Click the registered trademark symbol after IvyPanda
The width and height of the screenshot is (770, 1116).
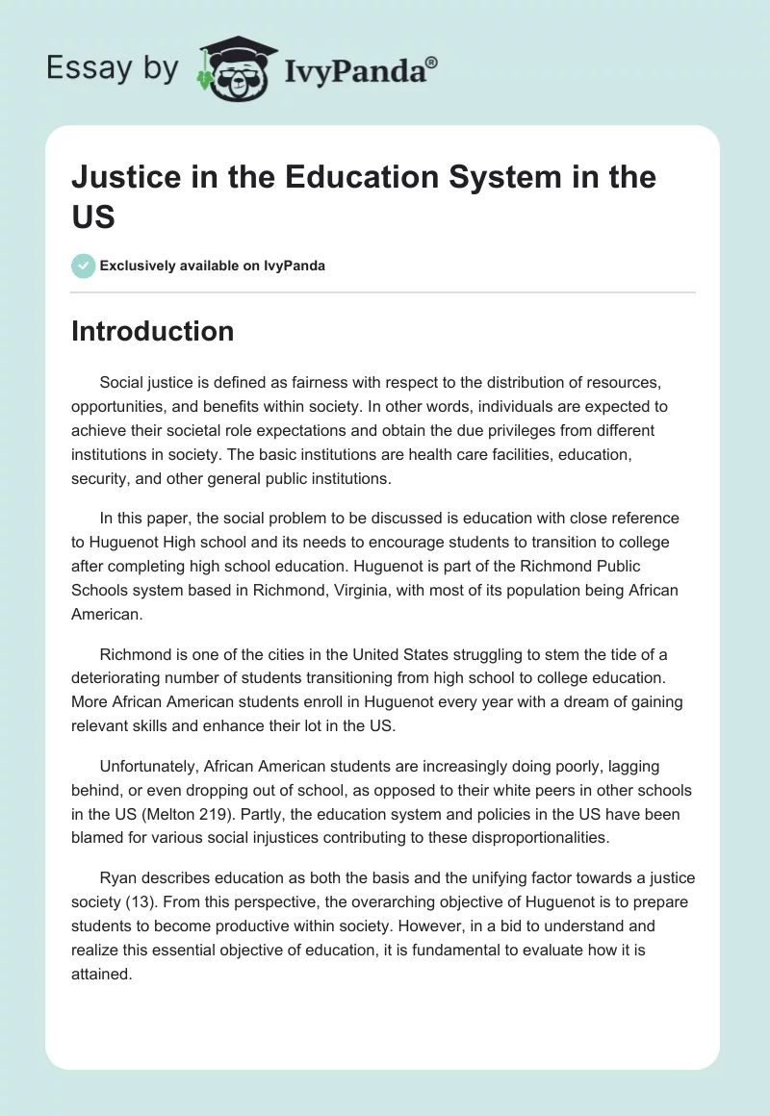click(432, 63)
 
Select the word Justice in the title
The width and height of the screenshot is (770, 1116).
click(122, 177)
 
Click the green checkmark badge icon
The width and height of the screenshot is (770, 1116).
click(83, 266)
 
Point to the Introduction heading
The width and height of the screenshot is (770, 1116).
click(152, 331)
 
